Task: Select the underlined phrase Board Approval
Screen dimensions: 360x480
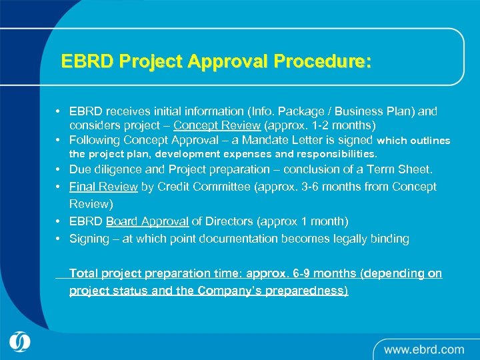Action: [147, 221]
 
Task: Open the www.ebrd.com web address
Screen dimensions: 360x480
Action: [423, 349]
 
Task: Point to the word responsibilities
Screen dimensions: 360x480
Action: [331, 153]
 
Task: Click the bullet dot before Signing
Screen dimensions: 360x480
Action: [59, 239]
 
